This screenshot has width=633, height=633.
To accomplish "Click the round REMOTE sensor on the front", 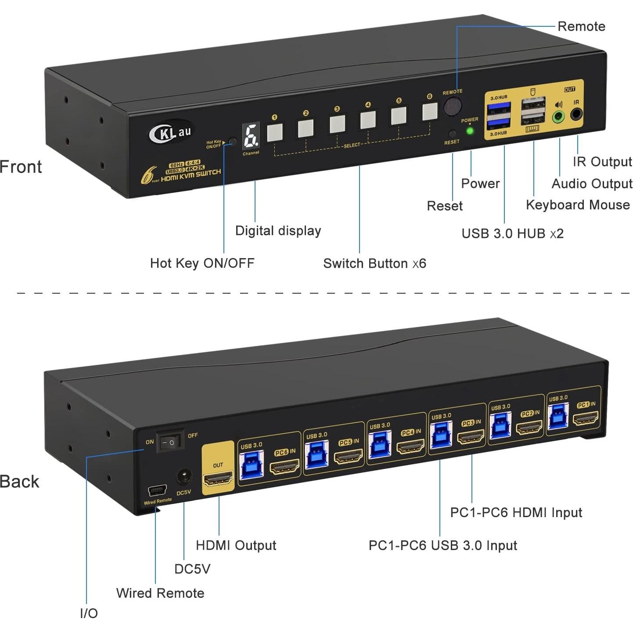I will (453, 107).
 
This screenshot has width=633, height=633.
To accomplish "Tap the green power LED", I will (470, 130).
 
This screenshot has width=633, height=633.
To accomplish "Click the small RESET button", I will (453, 134).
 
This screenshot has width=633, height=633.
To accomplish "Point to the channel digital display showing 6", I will (251, 136).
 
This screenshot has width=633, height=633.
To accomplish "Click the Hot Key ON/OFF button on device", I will (233, 142).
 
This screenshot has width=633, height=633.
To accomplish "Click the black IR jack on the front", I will (576, 115).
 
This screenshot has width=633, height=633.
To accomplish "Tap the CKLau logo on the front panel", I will (170, 132).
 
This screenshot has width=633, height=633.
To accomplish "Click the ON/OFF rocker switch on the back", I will (169, 442).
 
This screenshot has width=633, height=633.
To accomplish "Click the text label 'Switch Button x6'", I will (374, 263).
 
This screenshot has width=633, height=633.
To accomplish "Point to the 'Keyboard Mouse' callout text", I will (577, 205).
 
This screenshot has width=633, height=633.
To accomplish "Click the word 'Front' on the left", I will (21, 167).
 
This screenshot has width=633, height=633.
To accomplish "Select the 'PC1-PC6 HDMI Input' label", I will (516, 512).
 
